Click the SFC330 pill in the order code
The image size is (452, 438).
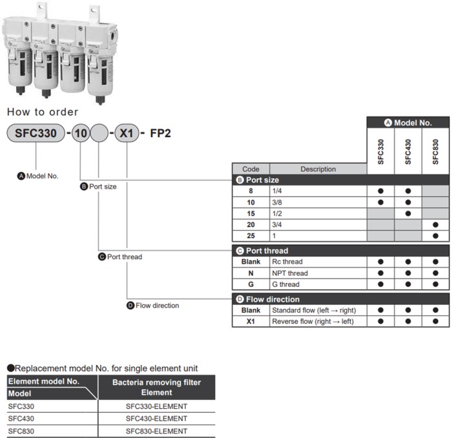(x=36, y=134)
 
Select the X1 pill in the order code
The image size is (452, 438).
(x=126, y=134)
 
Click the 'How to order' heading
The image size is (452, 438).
(x=43, y=112)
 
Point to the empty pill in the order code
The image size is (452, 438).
(x=99, y=134)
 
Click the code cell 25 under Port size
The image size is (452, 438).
(x=251, y=236)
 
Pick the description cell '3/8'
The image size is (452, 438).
(x=278, y=202)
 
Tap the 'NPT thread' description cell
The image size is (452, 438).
(x=290, y=273)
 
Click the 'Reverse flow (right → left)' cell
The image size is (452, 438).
(x=313, y=321)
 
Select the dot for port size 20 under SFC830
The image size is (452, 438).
(x=436, y=225)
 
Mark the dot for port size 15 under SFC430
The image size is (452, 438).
(x=408, y=214)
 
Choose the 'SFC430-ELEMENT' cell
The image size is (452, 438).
(x=156, y=419)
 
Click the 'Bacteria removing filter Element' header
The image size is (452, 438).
(x=156, y=387)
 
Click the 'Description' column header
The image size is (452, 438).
(x=318, y=169)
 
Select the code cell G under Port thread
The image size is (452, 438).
(x=251, y=284)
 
